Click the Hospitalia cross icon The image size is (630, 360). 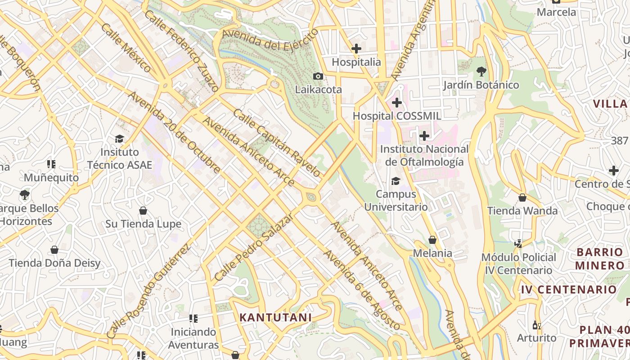(356, 49)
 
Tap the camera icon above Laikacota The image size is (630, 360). (318, 76)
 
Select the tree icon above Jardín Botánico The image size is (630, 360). (481, 71)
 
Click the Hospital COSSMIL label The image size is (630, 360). (396, 116)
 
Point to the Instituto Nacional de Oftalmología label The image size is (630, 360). (424, 155)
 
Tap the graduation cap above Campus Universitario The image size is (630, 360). (396, 181)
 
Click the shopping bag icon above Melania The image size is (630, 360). (432, 240)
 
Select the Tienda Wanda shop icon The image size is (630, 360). (522, 198)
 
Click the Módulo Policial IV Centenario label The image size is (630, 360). (519, 264)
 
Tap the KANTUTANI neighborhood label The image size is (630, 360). (275, 317)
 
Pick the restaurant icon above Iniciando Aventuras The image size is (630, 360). (193, 319)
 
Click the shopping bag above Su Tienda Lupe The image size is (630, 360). (143, 211)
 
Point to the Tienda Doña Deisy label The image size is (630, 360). (54, 263)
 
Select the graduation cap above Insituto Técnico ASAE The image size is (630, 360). (119, 139)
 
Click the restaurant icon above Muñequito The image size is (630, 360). (51, 164)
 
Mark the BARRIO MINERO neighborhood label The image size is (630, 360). (599, 258)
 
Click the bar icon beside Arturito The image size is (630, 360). (536, 325)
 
